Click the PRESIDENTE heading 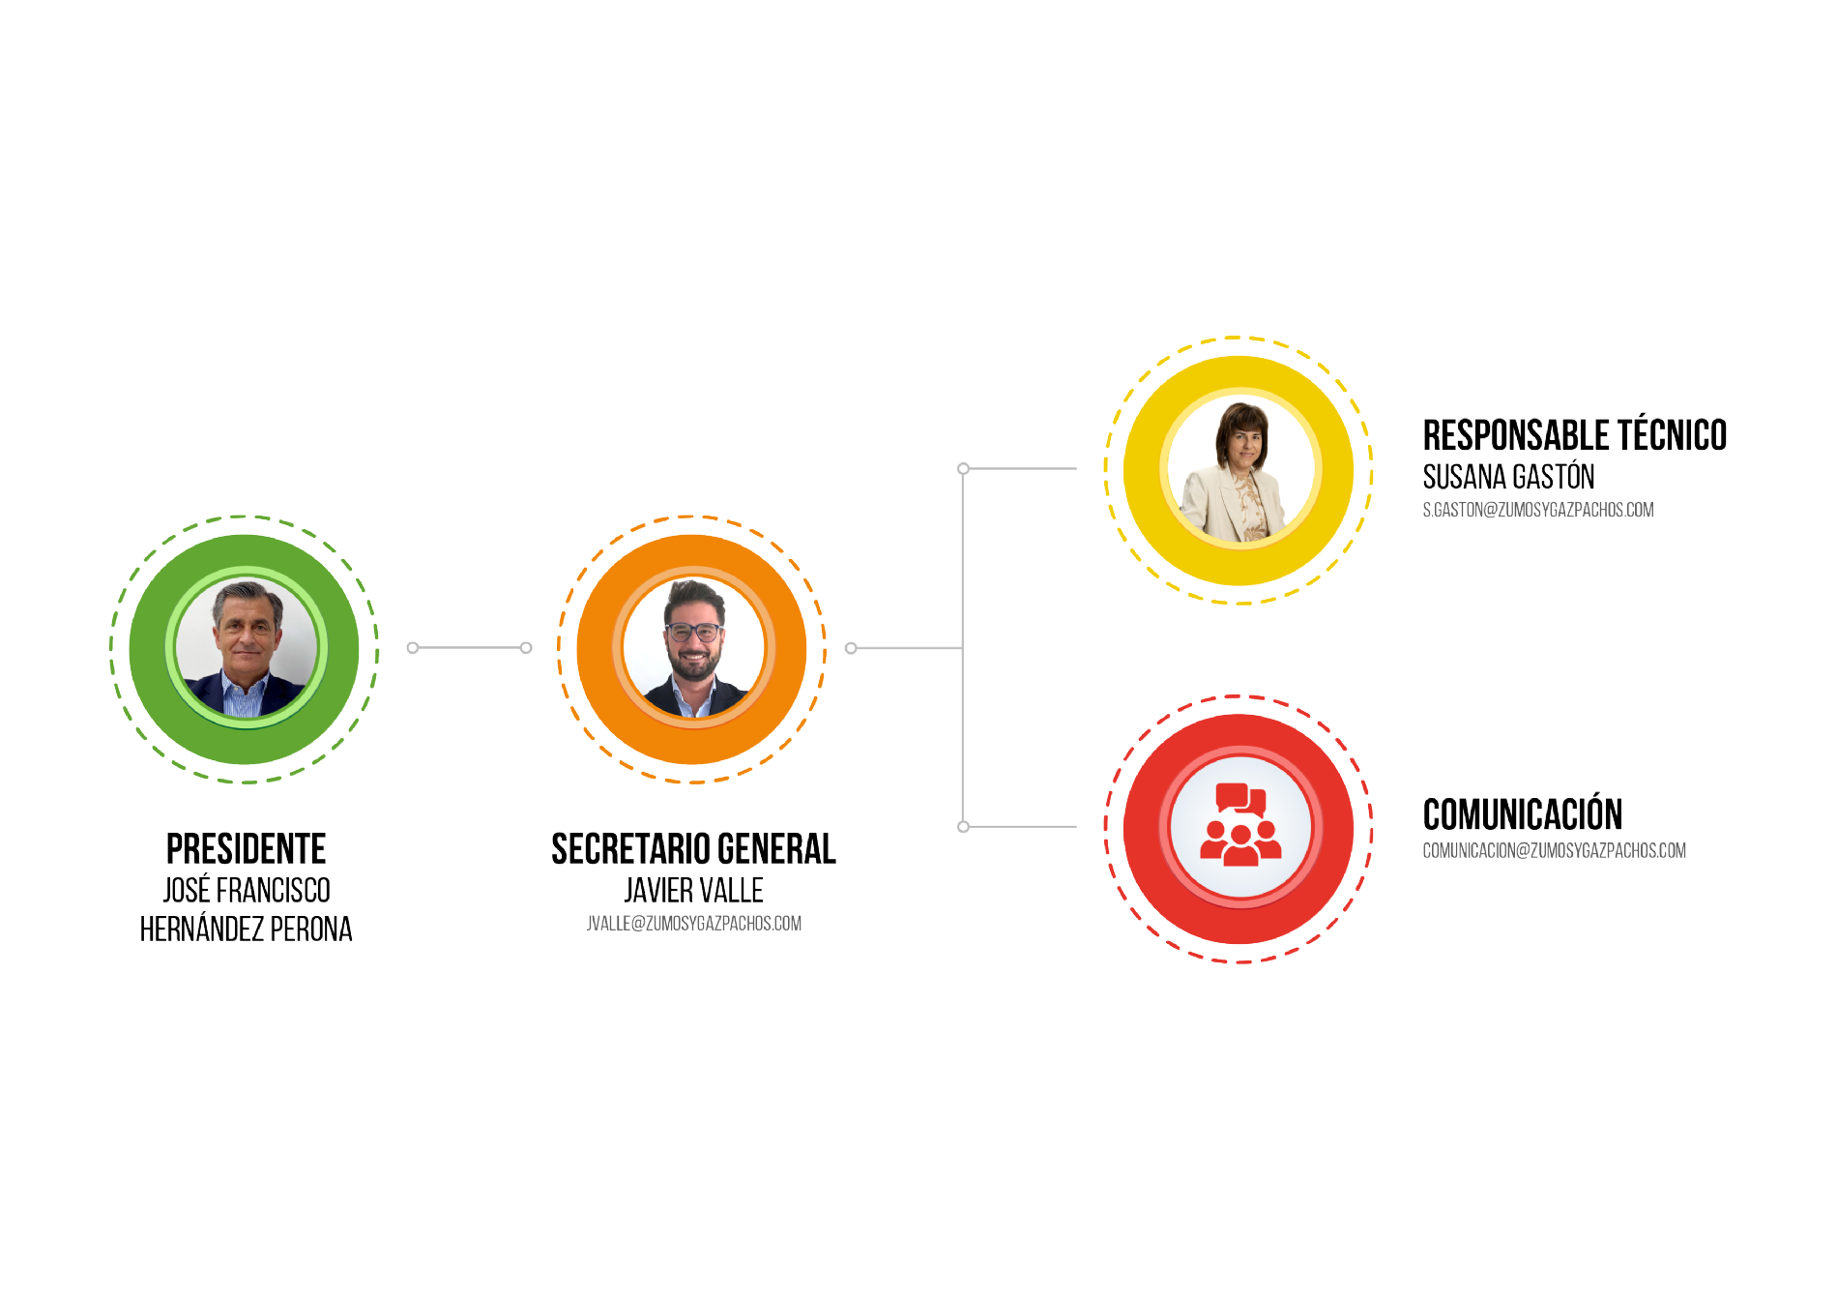click(246, 849)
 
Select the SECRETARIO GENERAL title click(693, 849)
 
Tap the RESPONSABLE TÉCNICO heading click(1574, 435)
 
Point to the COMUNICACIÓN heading click(1522, 814)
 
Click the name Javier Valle click(693, 890)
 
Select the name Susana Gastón click(1508, 477)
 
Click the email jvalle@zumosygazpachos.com click(693, 924)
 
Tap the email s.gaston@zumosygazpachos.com click(1537, 510)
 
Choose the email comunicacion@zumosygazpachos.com click(1554, 851)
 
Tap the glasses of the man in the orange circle click(693, 633)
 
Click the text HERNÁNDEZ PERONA click(246, 930)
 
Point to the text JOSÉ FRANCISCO click(246, 890)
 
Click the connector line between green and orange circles click(469, 648)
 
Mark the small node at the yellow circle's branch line click(963, 469)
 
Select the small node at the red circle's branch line click(963, 827)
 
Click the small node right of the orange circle click(851, 648)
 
